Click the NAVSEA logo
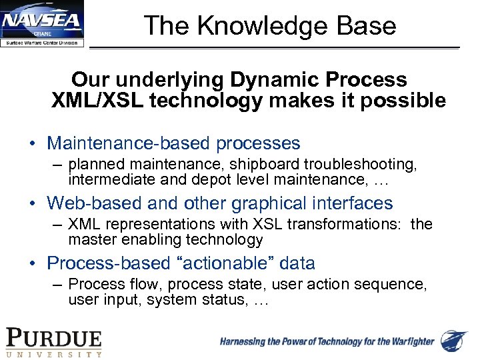[43, 24]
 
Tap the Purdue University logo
[54, 342]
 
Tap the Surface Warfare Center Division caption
[42, 43]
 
